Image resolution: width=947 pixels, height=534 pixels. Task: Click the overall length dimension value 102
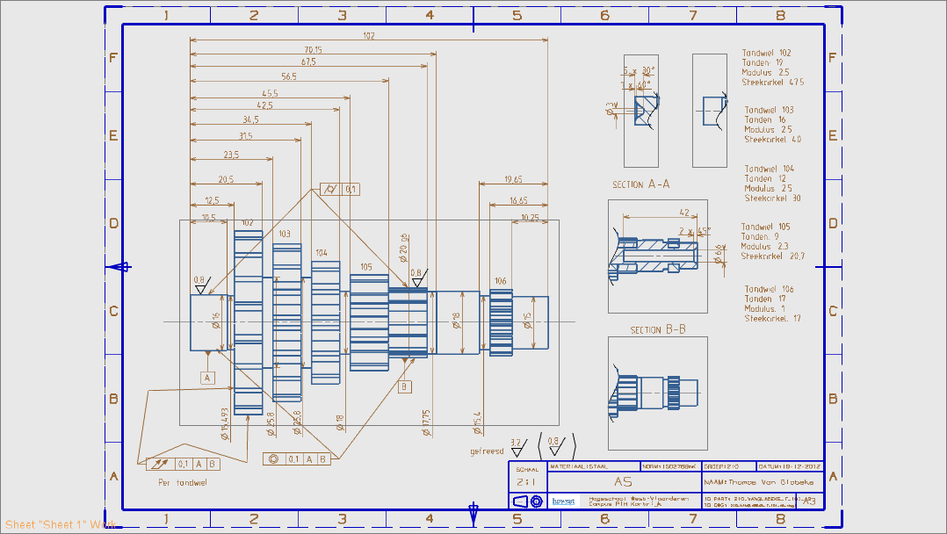pos(368,36)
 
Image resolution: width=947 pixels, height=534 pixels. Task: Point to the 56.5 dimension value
pos(289,76)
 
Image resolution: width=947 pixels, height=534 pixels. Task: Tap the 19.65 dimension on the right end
pos(513,179)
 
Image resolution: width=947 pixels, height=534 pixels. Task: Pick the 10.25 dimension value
pos(530,217)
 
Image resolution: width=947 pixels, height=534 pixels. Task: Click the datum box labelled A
pos(207,378)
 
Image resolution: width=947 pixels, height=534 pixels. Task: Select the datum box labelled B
pos(404,386)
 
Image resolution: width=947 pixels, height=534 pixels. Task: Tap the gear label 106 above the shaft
pos(500,281)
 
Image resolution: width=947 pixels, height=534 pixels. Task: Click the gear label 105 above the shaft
pos(365,266)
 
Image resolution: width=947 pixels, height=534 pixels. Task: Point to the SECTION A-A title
pos(641,185)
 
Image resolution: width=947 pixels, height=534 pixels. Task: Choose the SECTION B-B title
pos(658,330)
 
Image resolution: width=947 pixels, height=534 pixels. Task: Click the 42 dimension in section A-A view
pos(683,212)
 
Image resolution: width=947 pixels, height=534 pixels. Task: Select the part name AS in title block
pos(622,482)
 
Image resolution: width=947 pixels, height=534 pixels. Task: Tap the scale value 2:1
pos(525,482)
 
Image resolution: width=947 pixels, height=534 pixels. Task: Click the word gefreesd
pos(487,451)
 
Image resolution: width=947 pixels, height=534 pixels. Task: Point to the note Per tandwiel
pos(182,482)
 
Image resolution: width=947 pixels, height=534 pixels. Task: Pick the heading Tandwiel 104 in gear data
pos(769,169)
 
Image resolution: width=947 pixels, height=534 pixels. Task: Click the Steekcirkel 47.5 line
pos(772,82)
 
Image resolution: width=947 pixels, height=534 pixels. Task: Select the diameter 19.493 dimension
pos(225,422)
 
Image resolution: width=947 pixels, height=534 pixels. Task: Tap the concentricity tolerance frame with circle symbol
pos(298,458)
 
